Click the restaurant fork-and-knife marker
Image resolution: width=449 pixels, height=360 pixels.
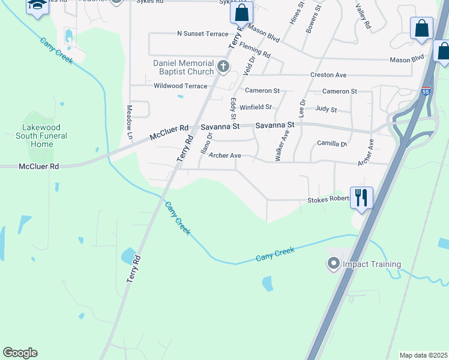point(361,197)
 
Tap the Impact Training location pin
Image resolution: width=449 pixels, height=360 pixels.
point(333,263)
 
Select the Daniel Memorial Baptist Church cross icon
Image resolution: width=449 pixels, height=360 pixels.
point(223,66)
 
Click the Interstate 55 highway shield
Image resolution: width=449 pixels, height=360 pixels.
point(426,92)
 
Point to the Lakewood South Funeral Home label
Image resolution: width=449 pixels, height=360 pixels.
point(41,136)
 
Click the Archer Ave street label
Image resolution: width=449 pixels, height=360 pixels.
point(224,156)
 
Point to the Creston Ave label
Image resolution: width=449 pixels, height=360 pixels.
point(328,75)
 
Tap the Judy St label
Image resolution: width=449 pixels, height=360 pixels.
point(326,110)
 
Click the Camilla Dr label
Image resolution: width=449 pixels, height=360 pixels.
point(332,144)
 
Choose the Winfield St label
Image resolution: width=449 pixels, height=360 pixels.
point(256,107)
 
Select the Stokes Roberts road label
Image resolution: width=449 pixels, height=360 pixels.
point(328,200)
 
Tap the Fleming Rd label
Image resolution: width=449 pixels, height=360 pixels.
point(255,50)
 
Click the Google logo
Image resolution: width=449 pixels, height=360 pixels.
point(20,353)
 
